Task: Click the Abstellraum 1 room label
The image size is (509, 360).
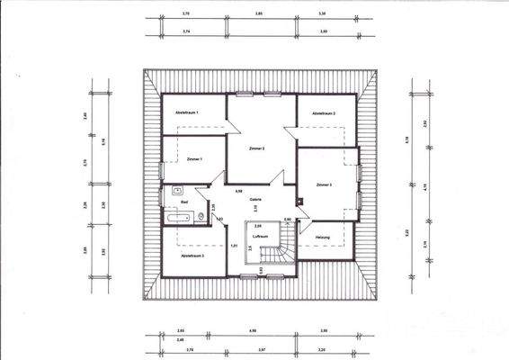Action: click(x=186, y=112)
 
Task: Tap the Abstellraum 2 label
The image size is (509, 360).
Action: click(x=323, y=114)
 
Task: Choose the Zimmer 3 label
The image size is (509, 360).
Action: click(x=324, y=184)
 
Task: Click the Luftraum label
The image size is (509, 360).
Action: click(x=261, y=237)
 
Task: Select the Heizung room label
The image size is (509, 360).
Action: click(x=323, y=238)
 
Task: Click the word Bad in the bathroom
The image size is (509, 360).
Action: click(x=184, y=203)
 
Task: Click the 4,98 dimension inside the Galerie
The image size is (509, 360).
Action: click(x=238, y=191)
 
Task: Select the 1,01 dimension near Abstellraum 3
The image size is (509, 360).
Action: click(x=234, y=246)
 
